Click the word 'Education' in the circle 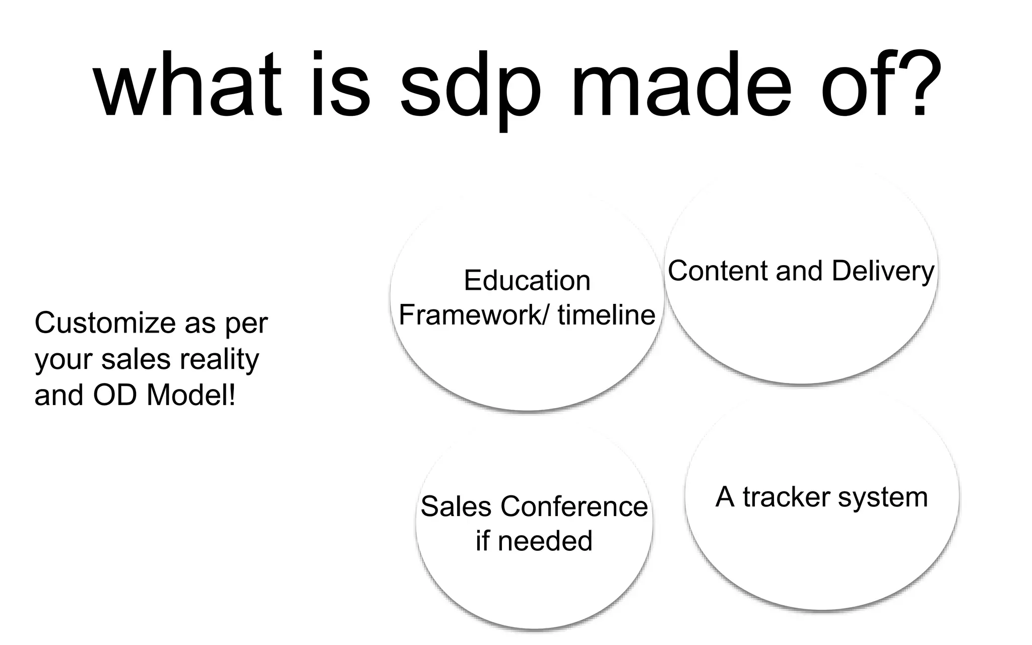[x=527, y=281]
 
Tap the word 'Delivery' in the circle [x=883, y=272]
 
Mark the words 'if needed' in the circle [x=534, y=541]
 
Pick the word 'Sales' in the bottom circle [x=456, y=506]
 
